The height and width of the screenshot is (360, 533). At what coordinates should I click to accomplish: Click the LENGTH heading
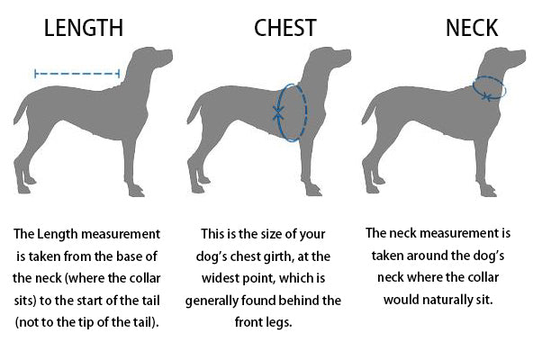click(x=84, y=28)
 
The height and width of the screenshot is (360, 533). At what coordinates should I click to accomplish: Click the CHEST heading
click(x=285, y=28)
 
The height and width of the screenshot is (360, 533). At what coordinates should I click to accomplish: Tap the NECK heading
click(x=472, y=28)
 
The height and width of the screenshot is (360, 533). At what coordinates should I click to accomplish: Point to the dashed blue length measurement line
click(x=77, y=74)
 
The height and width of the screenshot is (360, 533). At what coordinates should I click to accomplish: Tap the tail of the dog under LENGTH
click(x=21, y=111)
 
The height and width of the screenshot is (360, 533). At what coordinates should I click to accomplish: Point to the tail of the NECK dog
click(x=368, y=111)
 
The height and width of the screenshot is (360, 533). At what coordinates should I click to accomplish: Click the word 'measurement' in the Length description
click(x=121, y=234)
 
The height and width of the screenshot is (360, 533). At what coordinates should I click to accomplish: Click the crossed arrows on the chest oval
click(x=278, y=112)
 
